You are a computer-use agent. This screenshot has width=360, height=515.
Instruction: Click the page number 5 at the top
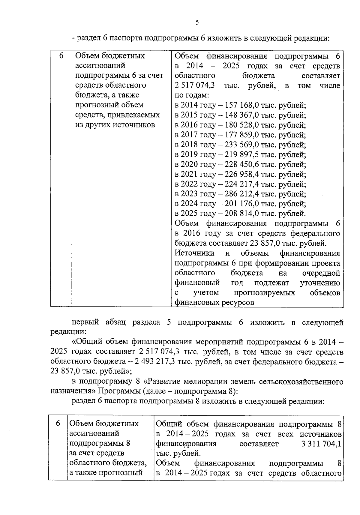click(x=197, y=22)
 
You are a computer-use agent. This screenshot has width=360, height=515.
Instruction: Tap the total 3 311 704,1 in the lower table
click(x=321, y=444)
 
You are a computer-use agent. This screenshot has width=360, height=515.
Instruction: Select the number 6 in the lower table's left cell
click(x=58, y=424)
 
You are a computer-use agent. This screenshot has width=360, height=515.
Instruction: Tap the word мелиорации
click(x=203, y=382)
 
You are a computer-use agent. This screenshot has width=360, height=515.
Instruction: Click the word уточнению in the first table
click(x=320, y=283)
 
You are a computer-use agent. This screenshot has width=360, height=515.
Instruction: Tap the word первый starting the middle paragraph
click(x=85, y=322)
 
